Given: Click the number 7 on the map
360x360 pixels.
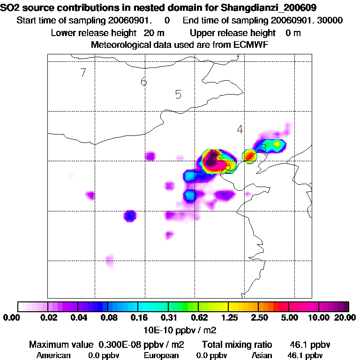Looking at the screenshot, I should [x=83, y=73].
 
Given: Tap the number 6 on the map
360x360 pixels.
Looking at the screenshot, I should [x=144, y=82].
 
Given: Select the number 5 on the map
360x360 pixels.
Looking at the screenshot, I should [x=178, y=95].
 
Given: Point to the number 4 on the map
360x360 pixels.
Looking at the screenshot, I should [x=240, y=130].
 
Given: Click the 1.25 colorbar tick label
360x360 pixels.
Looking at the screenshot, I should [x=228, y=318].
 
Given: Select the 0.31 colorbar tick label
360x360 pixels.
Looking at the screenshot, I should [x=168, y=318].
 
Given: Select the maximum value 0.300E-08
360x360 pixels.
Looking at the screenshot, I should [x=117, y=345].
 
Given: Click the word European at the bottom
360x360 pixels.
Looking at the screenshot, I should [x=161, y=355].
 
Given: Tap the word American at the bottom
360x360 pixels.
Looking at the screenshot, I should [x=53, y=355].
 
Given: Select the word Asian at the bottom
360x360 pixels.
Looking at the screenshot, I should [x=262, y=355].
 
